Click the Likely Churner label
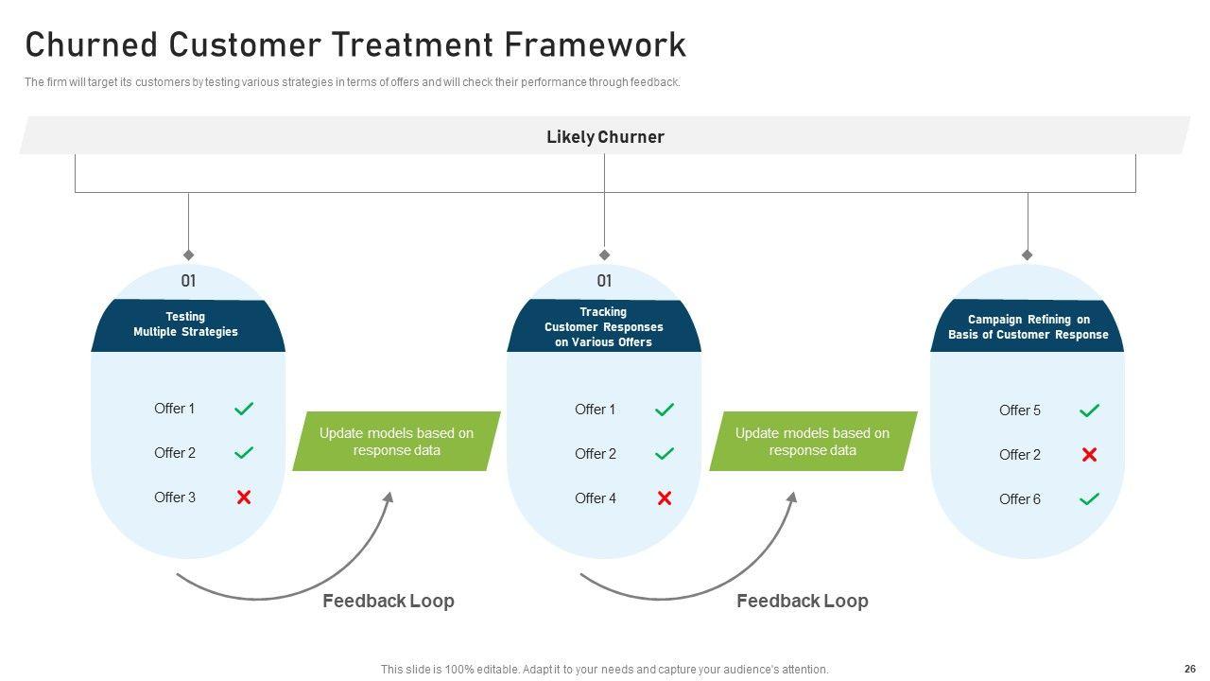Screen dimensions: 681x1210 (605, 137)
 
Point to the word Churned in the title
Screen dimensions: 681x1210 (91, 44)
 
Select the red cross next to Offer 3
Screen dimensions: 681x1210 (244, 498)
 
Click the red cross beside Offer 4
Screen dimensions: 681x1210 (665, 498)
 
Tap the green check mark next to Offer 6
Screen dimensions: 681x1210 (1089, 499)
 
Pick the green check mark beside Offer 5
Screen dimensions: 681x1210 (1089, 410)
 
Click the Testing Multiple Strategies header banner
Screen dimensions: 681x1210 (186, 325)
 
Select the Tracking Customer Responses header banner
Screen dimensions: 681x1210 (603, 327)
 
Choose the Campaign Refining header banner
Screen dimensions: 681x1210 (1028, 327)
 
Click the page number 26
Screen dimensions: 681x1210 (1189, 669)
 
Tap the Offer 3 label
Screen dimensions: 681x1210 (175, 498)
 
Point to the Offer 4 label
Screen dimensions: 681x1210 (596, 498)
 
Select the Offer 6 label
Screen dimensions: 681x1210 (1020, 499)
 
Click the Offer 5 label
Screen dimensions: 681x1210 (1020, 410)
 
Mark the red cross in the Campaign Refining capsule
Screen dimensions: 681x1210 (1089, 455)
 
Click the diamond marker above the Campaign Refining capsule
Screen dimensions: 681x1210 (1028, 255)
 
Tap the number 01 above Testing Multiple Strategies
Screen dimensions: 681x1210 (189, 281)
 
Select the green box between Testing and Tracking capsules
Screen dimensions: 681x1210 (396, 442)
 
